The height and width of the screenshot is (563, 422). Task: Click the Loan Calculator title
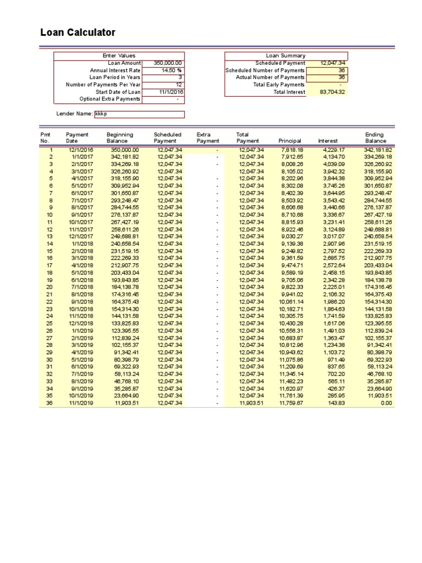(x=78, y=32)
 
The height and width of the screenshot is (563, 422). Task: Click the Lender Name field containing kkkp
(x=139, y=114)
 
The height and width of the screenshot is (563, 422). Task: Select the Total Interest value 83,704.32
(x=332, y=92)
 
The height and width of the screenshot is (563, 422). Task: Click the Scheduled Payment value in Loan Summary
(x=332, y=63)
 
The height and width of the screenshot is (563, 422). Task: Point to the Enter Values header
(x=119, y=56)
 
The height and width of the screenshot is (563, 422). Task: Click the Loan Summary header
(x=286, y=56)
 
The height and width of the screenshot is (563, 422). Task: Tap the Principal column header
(x=290, y=141)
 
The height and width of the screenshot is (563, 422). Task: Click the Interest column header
(x=328, y=141)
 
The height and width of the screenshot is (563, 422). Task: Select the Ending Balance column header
(x=375, y=138)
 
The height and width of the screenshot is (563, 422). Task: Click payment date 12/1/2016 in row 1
(x=81, y=150)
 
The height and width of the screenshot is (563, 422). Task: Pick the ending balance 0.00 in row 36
(x=386, y=402)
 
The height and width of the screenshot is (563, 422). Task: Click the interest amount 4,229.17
(x=334, y=150)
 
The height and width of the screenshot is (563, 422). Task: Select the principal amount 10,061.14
(x=291, y=301)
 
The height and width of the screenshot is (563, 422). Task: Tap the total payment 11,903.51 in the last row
(x=251, y=402)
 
